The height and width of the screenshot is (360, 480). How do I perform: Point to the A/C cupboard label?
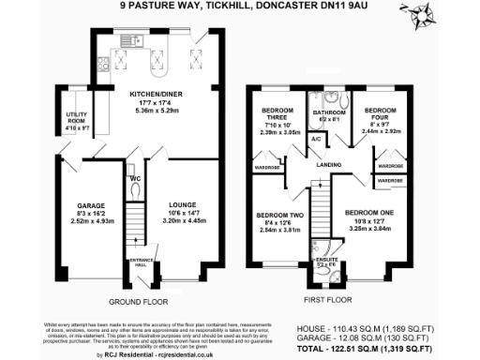coord(316,139)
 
